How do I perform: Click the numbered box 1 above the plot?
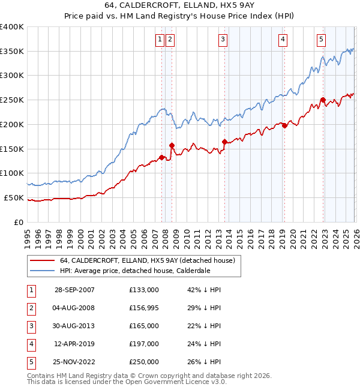pyautogui.click(x=160, y=40)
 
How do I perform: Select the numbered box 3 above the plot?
pyautogui.click(x=223, y=40)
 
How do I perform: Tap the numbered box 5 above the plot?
pyautogui.click(x=321, y=40)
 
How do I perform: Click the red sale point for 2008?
pyautogui.click(x=172, y=145)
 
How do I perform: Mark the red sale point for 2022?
pyautogui.click(x=323, y=100)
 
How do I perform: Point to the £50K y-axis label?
pyautogui.click(x=14, y=197)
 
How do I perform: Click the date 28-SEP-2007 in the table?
pyautogui.click(x=74, y=290)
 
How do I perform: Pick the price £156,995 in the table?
pyautogui.click(x=144, y=308)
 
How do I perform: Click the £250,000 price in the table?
pyautogui.click(x=144, y=362)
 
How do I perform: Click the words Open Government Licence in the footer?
pyautogui.click(x=175, y=382)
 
